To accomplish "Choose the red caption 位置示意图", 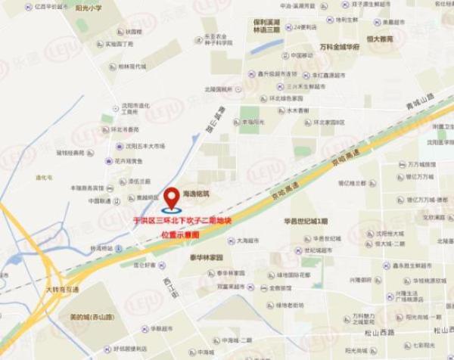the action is tap(181, 234).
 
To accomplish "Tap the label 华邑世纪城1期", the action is tap(306, 222).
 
